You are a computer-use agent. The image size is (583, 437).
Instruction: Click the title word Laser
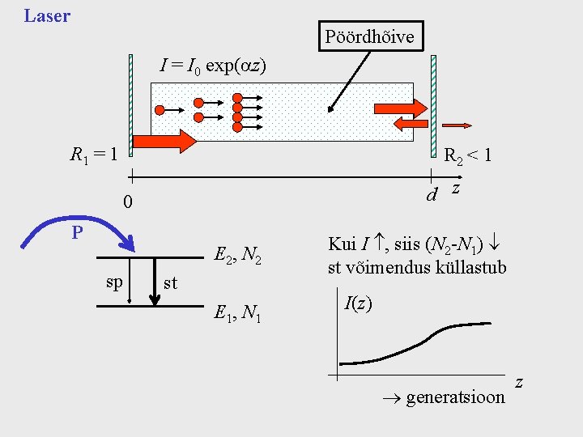click(47, 15)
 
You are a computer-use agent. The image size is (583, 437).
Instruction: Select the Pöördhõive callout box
click(369, 36)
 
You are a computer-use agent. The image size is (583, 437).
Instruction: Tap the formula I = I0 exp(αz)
click(213, 66)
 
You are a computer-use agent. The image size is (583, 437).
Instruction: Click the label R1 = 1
click(95, 153)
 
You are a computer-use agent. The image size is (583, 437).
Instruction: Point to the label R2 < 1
click(467, 155)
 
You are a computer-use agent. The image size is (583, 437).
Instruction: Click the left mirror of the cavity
click(130, 104)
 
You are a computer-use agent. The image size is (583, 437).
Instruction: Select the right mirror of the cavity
click(433, 104)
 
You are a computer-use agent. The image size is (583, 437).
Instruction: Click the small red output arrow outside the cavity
click(457, 125)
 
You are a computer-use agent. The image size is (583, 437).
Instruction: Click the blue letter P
click(76, 233)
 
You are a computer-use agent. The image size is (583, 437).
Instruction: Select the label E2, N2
click(236, 256)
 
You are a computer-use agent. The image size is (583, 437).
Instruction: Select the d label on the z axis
click(432, 195)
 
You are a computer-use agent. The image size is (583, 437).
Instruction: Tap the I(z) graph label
click(358, 304)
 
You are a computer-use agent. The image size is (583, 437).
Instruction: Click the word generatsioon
click(454, 397)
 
